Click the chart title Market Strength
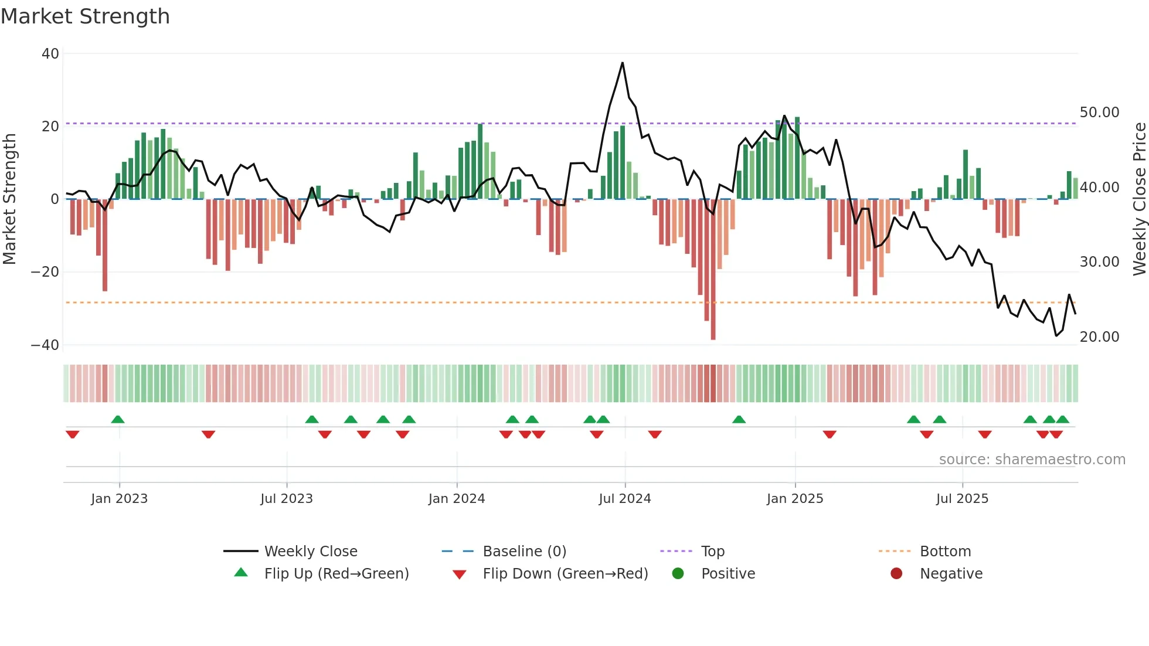85,16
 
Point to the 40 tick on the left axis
50,54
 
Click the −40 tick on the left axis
45,345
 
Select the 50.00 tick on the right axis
1099,112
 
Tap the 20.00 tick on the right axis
1099,336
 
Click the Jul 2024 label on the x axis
624,499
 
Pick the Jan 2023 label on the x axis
119,499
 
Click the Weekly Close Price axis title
1139,199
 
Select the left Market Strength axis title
9,199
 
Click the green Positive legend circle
678,574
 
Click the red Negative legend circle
896,574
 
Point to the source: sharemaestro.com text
1032,460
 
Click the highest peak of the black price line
622,63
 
